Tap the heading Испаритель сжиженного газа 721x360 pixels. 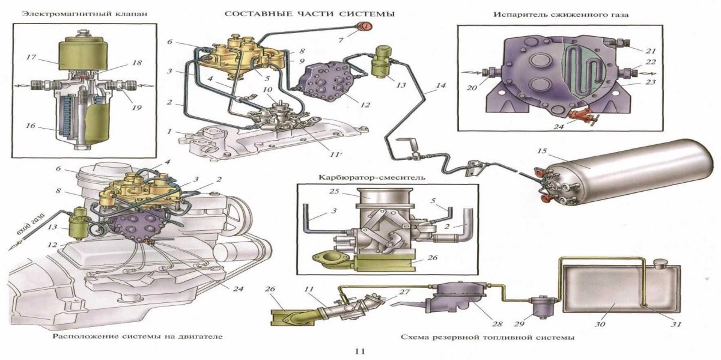point(541,13)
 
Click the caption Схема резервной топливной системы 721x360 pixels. point(487,337)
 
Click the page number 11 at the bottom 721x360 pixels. point(360,351)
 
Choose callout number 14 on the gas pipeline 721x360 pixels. point(441,86)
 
